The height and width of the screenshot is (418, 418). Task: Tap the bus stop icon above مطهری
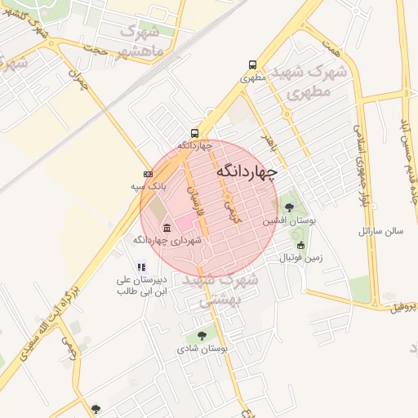[x=251, y=65]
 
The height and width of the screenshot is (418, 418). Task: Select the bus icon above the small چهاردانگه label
[x=194, y=132]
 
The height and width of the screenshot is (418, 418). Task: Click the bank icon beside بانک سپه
[x=147, y=174]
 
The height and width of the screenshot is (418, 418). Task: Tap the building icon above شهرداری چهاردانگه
[x=167, y=227]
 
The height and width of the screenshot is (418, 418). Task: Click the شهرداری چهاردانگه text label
[x=167, y=240]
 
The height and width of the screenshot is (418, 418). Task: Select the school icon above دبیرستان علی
[x=141, y=266]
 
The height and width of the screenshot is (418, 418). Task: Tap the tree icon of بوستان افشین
[x=289, y=207]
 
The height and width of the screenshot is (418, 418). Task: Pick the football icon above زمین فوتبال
[x=300, y=245]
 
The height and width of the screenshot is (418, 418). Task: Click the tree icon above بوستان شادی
[x=202, y=336]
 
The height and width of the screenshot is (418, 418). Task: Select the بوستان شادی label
[x=202, y=349]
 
